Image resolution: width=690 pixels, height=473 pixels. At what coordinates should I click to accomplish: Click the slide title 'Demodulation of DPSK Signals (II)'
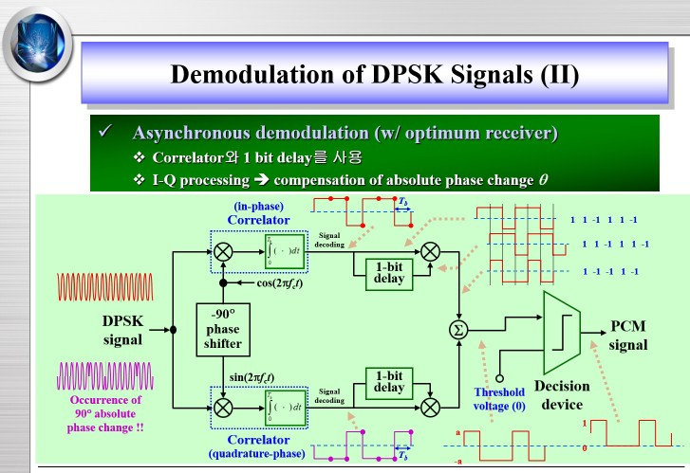coord(373,74)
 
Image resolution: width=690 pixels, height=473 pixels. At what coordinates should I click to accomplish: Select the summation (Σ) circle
coord(459,329)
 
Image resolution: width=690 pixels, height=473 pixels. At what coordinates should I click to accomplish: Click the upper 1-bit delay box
coord(389,272)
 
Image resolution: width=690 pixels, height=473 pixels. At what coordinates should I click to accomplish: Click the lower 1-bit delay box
coord(389,382)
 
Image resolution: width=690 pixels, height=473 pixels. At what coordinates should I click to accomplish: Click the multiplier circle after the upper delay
coord(431,251)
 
